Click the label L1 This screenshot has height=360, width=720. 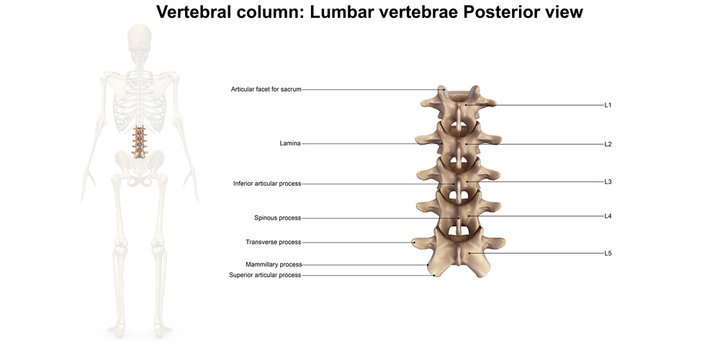pos(607,105)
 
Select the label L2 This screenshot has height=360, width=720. pos(607,144)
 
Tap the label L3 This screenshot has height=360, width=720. pos(607,182)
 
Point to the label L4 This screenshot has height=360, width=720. pos(607,217)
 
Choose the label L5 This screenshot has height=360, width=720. pos(607,254)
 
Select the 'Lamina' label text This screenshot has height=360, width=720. pos(290,144)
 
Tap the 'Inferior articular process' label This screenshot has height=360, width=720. pos(267,184)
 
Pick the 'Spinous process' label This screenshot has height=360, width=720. pos(278,218)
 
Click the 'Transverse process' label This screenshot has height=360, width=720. pos(273,242)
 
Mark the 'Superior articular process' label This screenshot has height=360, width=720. pos(265,275)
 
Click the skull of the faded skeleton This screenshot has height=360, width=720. pos(139,43)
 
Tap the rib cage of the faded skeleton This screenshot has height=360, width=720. pos(139,100)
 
